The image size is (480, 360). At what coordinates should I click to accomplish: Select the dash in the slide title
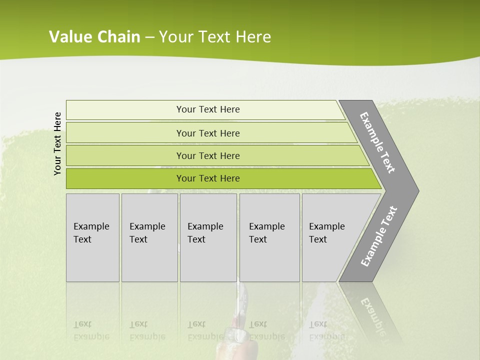pyautogui.click(x=149, y=37)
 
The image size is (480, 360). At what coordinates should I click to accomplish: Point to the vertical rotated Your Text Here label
pyautogui.click(x=57, y=143)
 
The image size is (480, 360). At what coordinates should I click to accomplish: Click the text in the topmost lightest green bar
pyautogui.click(x=208, y=109)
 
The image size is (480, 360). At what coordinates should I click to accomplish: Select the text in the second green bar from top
pyautogui.click(x=208, y=133)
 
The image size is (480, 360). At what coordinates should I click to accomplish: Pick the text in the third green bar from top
pyautogui.click(x=208, y=156)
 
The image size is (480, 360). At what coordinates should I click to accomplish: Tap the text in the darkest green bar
pyautogui.click(x=208, y=178)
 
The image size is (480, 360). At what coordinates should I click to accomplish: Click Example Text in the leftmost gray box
pyautogui.click(x=91, y=233)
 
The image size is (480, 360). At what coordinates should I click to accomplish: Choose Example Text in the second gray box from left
pyautogui.click(x=147, y=233)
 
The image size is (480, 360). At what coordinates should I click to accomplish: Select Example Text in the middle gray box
pyautogui.click(x=205, y=233)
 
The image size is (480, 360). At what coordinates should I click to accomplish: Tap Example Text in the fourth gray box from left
pyautogui.click(x=266, y=233)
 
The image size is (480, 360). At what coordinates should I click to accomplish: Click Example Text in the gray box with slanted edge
pyautogui.click(x=326, y=233)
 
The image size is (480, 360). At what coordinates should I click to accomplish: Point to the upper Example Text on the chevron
pyautogui.click(x=377, y=142)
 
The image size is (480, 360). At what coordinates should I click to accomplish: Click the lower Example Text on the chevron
pyautogui.click(x=379, y=236)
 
